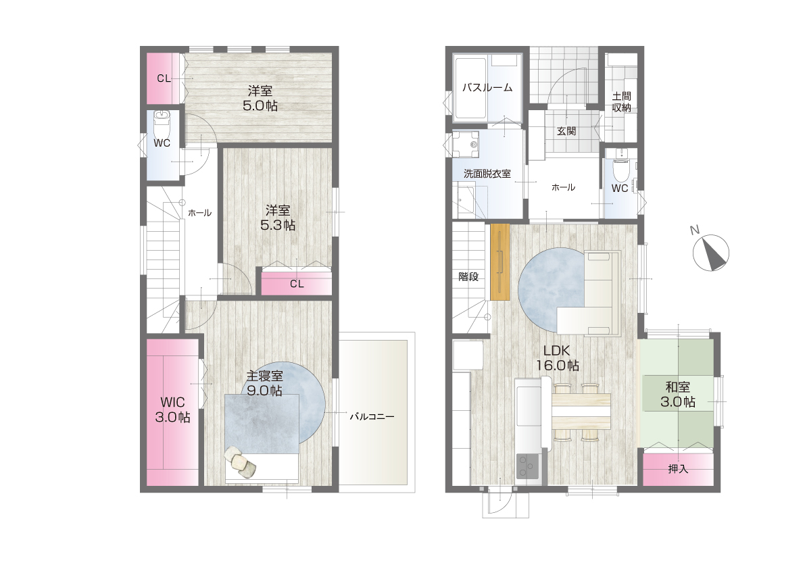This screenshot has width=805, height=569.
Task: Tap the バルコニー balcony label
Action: [x=372, y=417]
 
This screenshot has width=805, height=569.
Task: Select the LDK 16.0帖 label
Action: [x=558, y=358]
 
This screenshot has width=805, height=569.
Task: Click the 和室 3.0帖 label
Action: [x=678, y=395]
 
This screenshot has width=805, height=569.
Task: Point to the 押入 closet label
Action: [x=678, y=469]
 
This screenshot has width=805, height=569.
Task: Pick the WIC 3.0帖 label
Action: [x=172, y=410]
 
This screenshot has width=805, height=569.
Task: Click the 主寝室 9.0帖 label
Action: [x=264, y=383]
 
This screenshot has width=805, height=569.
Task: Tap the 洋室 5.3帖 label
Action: [x=278, y=218]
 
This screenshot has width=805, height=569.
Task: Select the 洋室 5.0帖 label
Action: [x=260, y=99]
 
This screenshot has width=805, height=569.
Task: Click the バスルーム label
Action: [x=487, y=88]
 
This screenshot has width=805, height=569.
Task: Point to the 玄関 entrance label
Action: [x=566, y=131]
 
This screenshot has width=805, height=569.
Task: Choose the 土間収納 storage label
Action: [x=622, y=102]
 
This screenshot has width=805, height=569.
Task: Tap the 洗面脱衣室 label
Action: [x=487, y=174]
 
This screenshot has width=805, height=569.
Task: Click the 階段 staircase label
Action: [x=468, y=277]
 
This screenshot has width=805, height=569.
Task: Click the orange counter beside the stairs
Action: [x=500, y=262]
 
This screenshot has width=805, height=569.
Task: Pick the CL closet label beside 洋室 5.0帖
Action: [x=164, y=78]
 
